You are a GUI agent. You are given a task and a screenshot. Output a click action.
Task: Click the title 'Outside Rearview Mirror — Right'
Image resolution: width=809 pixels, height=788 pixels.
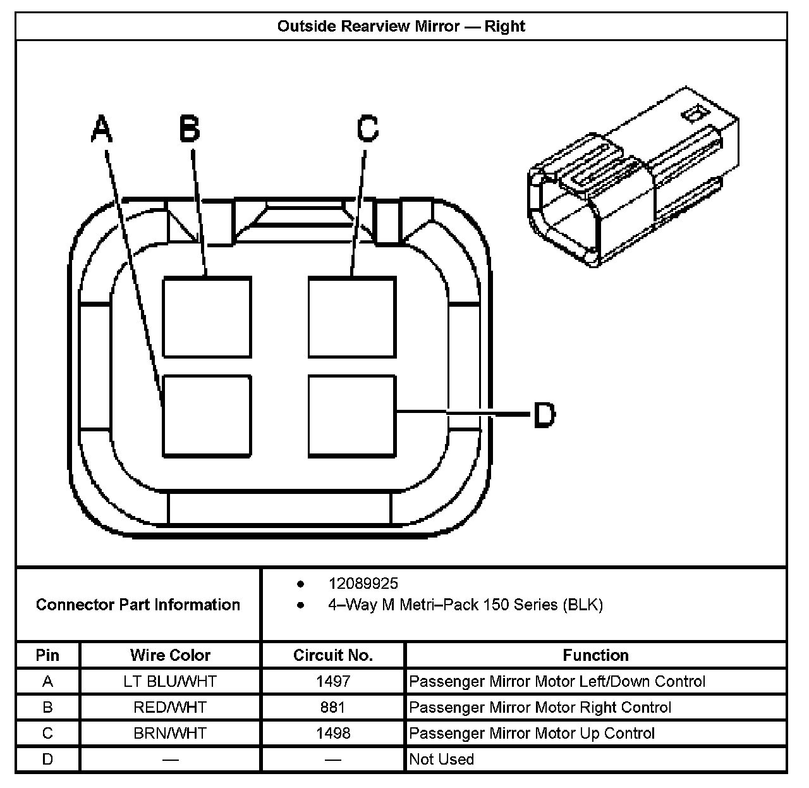click(x=401, y=27)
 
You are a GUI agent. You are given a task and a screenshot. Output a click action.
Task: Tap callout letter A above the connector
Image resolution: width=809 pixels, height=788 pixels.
click(x=102, y=129)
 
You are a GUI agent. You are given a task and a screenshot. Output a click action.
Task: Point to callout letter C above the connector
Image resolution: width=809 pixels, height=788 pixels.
click(x=367, y=129)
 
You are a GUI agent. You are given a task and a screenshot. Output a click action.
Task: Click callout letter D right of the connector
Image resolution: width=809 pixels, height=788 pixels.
click(x=544, y=416)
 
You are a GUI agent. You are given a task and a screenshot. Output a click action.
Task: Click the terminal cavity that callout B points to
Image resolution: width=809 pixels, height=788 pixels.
click(x=207, y=317)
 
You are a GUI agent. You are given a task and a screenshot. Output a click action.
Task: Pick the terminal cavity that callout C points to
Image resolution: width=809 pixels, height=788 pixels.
click(x=352, y=317)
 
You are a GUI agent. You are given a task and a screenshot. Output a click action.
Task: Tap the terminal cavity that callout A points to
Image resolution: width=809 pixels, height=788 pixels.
click(x=207, y=416)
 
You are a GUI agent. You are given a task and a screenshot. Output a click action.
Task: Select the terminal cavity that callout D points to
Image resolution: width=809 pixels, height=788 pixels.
click(x=352, y=416)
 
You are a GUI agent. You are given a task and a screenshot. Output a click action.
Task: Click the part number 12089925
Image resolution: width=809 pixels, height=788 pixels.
click(x=363, y=583)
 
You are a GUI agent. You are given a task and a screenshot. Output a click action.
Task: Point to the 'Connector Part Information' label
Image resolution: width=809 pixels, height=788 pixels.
click(x=138, y=605)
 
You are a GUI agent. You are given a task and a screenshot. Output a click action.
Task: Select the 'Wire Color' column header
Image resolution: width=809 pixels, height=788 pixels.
click(x=170, y=655)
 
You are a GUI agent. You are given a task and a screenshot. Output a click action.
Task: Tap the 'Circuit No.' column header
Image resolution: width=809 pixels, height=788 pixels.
click(x=333, y=655)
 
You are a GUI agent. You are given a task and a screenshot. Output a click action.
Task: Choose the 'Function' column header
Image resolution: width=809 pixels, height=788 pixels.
click(x=595, y=655)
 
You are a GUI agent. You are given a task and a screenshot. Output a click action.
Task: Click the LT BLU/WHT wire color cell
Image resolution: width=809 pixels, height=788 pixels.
click(x=170, y=681)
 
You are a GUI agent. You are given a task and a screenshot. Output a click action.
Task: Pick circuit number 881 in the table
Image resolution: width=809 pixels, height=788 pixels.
click(x=333, y=707)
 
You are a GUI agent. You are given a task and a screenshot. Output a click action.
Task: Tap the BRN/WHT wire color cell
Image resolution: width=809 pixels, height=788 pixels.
click(x=170, y=733)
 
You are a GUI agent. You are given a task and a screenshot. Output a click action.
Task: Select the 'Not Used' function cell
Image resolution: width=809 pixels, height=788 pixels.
click(x=441, y=759)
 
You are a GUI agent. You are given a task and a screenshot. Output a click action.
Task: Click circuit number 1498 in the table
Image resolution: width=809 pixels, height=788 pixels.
click(x=333, y=733)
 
